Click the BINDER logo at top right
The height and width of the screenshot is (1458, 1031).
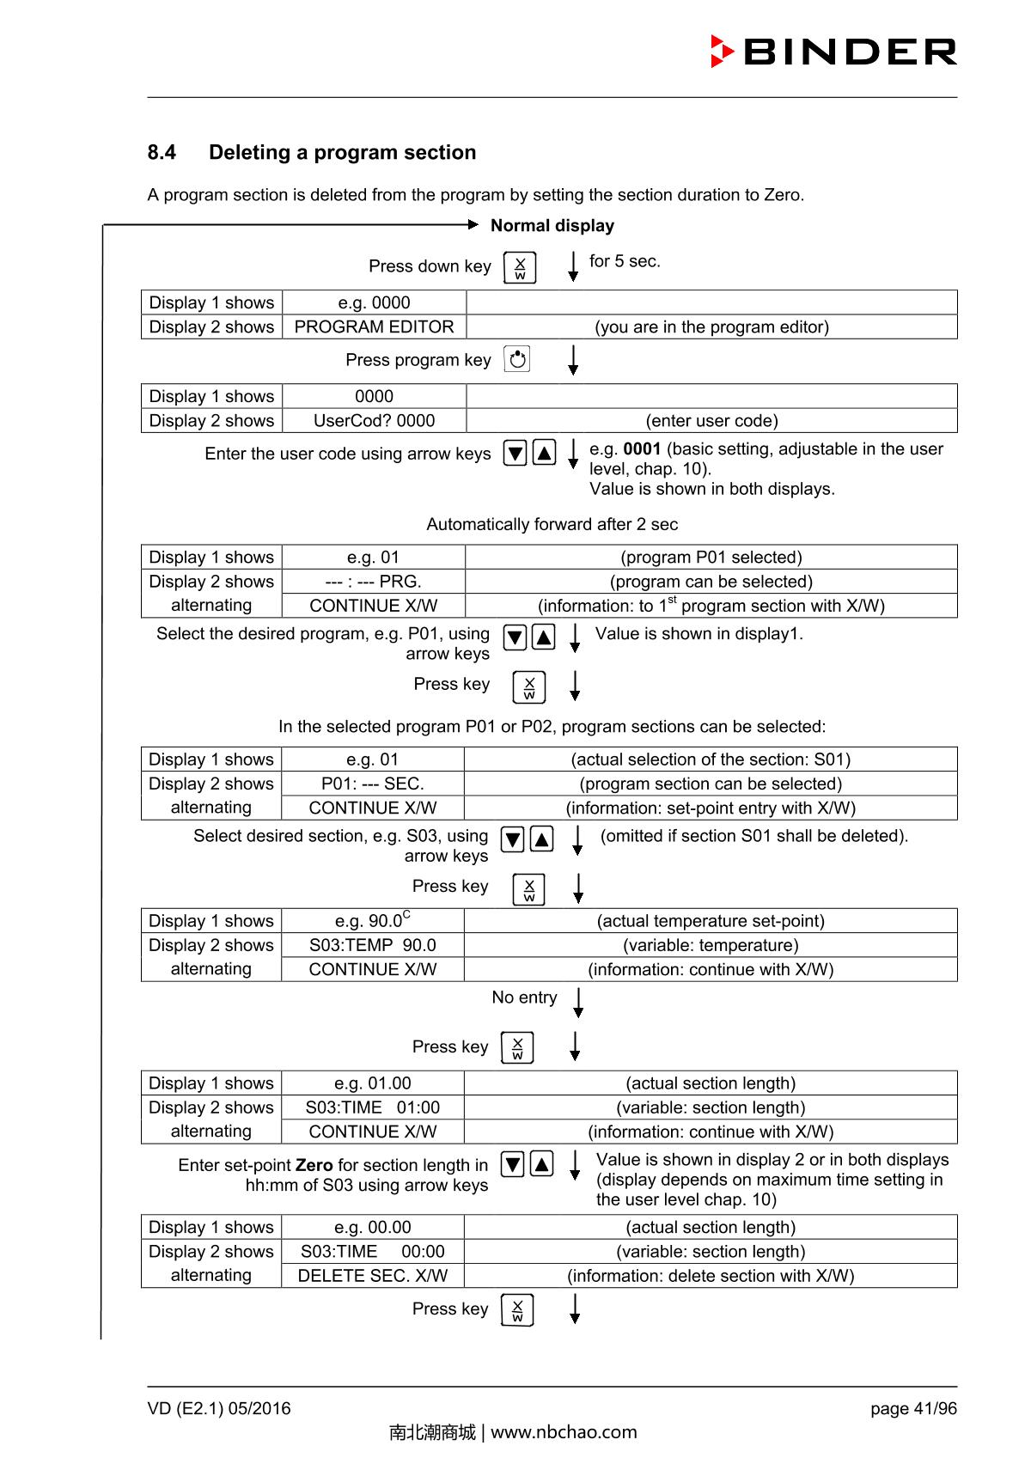[833, 52]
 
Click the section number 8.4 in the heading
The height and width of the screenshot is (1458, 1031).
[162, 153]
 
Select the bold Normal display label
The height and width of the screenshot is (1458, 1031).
[552, 226]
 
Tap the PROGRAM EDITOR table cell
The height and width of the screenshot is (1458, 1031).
[374, 327]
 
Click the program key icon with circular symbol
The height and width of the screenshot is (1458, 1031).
[517, 360]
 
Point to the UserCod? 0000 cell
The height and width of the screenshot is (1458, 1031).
[374, 421]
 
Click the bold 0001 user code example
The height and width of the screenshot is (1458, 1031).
[642, 449]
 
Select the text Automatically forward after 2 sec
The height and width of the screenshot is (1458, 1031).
[552, 525]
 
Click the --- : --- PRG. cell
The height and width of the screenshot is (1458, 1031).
[374, 582]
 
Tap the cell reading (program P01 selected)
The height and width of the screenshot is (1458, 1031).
[711, 558]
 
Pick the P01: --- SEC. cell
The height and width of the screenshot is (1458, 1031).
[373, 784]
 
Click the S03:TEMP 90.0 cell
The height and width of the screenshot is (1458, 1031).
[373, 946]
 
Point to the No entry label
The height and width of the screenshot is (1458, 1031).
[524, 998]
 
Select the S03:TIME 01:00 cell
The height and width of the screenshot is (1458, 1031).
[373, 1108]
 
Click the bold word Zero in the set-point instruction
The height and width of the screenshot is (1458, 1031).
[314, 1166]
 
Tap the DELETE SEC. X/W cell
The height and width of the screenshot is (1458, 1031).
[373, 1277]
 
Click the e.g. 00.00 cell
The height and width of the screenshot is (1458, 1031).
[373, 1228]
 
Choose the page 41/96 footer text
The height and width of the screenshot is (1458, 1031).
[913, 1409]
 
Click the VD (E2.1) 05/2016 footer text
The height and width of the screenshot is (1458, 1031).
[219, 1409]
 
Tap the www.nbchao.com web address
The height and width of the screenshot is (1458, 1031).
[564, 1432]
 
